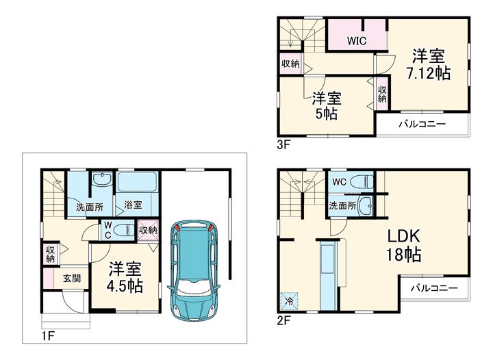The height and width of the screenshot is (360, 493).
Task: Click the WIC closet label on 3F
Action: (357, 40)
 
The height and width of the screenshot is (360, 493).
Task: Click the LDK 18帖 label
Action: (404, 245)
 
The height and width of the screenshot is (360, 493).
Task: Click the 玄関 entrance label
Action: (72, 278)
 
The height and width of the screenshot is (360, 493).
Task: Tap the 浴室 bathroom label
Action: (133, 205)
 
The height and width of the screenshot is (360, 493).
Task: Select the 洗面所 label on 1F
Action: (90, 207)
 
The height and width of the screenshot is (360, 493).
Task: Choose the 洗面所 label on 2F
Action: (343, 206)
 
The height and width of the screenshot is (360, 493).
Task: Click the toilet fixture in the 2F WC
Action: (362, 181)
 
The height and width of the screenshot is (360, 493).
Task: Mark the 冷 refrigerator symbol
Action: (289, 301)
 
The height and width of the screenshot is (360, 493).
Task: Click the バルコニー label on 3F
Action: (422, 124)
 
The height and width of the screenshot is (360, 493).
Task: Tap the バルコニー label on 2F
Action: (434, 287)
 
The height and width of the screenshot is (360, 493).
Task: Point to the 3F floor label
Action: (283, 145)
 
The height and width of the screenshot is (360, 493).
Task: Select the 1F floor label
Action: (48, 336)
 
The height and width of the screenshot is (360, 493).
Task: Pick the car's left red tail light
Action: (177, 227)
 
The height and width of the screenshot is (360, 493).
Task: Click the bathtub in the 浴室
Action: (137, 182)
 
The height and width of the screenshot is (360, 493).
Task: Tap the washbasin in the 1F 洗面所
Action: (102, 179)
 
